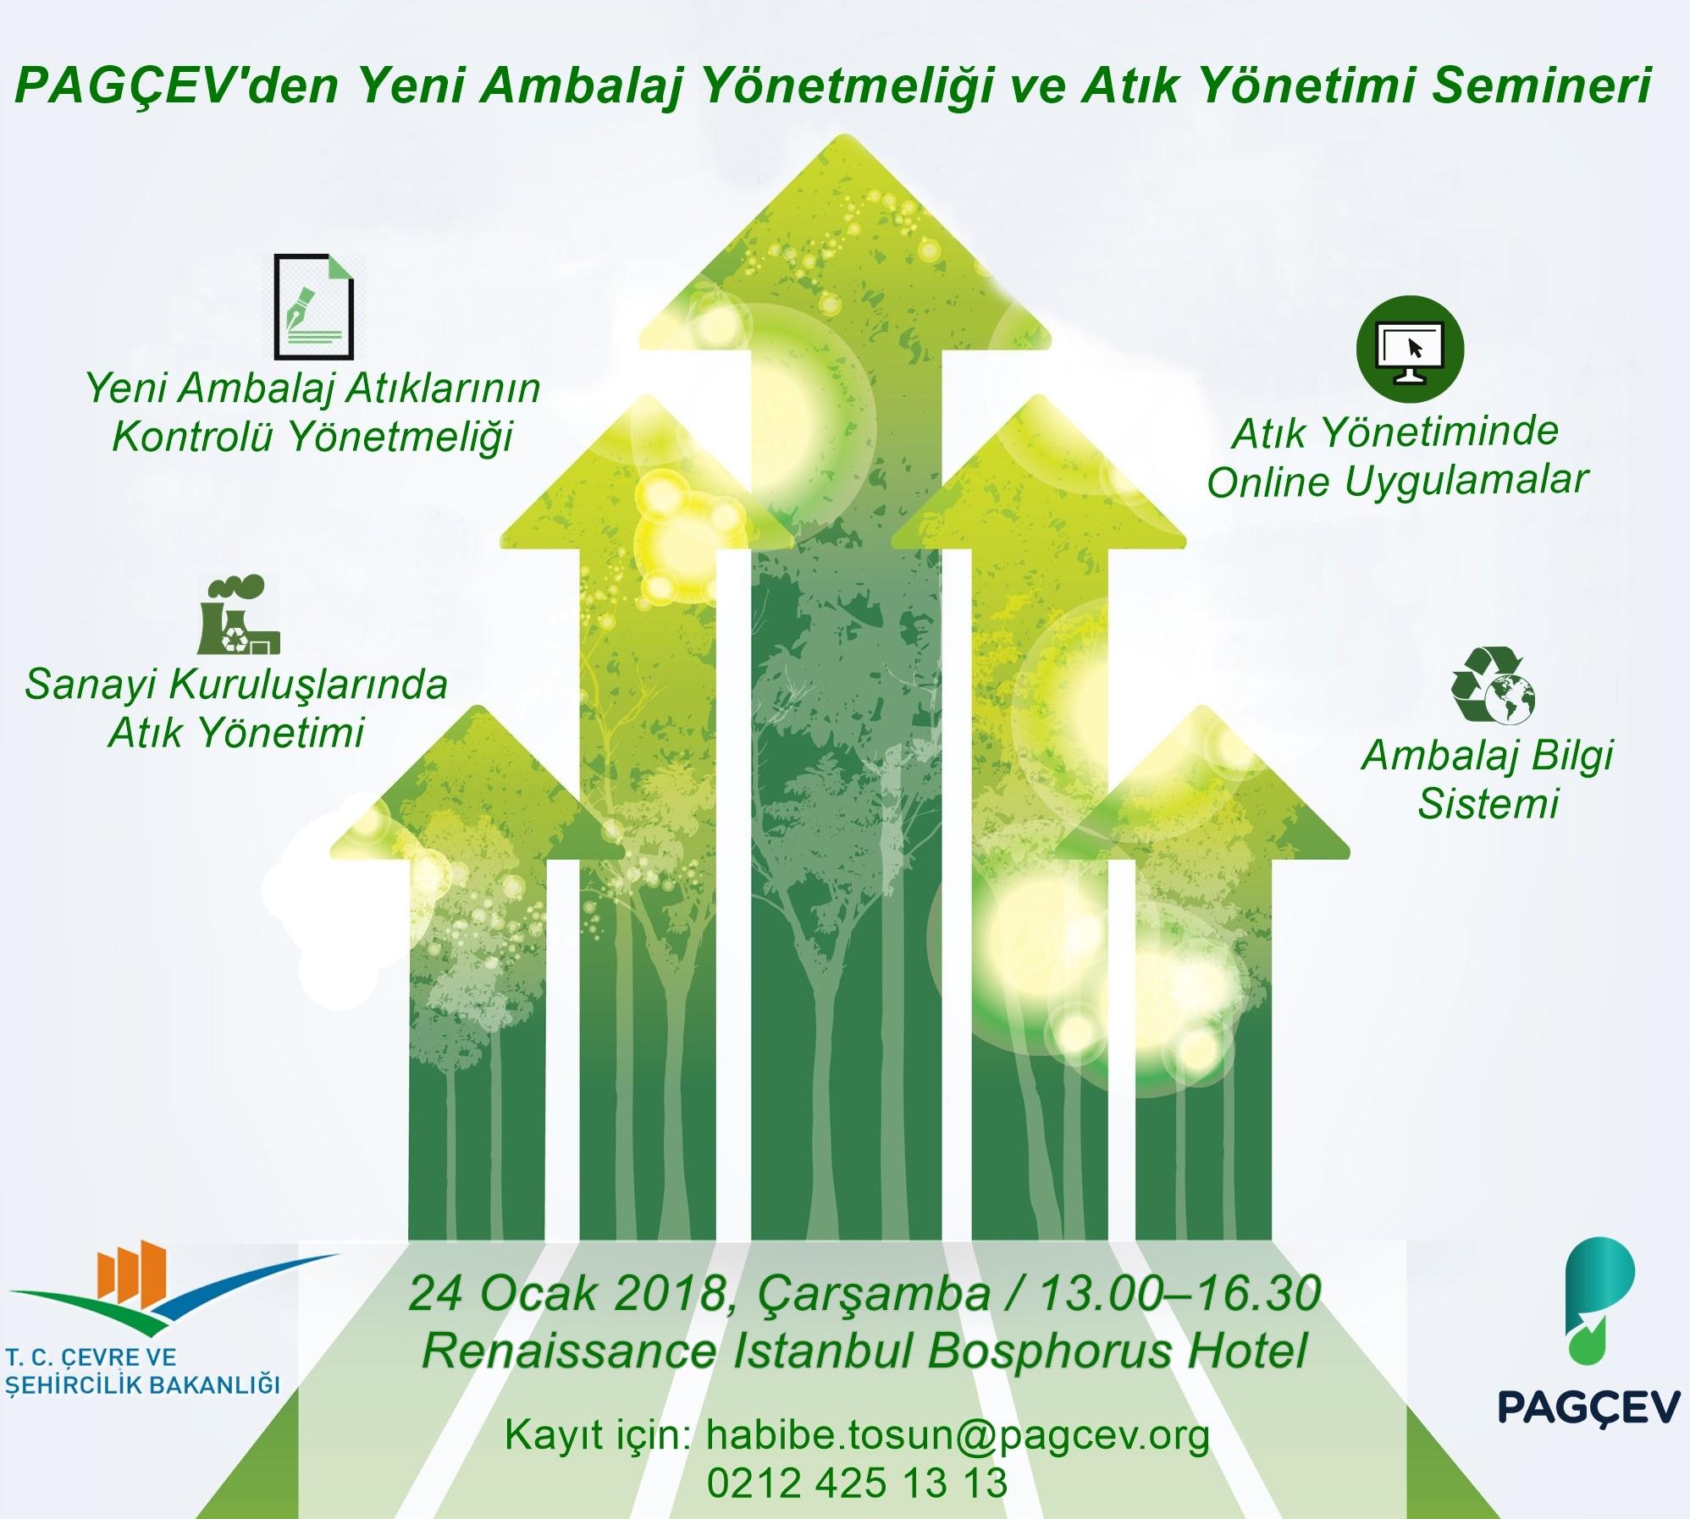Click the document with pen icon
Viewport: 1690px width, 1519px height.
point(313,306)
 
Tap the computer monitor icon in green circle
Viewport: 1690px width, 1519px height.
point(1410,348)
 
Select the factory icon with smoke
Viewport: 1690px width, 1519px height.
point(238,615)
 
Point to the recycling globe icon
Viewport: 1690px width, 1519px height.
point(1492,685)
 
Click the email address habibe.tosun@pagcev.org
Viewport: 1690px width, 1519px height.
point(957,1435)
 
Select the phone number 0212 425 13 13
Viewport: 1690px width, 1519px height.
point(857,1483)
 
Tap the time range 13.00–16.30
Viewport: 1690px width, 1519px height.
point(1179,1296)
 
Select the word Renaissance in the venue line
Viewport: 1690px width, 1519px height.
point(568,1351)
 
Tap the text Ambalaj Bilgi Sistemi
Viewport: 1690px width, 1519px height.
point(1488,779)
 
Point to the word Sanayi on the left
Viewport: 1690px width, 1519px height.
point(89,685)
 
